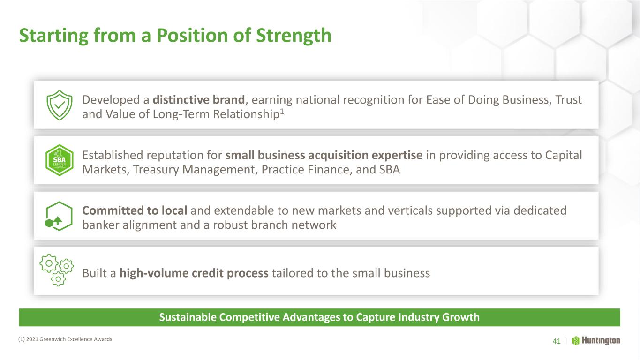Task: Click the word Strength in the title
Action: (294, 36)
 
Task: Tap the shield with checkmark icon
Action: (60, 105)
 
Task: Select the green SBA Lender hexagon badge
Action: (60, 160)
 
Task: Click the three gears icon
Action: (57, 270)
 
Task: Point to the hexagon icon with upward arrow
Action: (59, 216)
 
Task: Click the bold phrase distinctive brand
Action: (199, 100)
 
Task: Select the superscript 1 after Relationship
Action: (282, 111)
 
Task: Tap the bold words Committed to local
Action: (135, 210)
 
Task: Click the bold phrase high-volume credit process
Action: (194, 273)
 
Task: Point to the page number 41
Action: (557, 341)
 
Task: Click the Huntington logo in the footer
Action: (596, 341)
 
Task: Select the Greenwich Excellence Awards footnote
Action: (65, 339)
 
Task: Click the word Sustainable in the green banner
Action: (188, 317)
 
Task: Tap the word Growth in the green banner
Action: (460, 317)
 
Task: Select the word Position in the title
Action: (192, 36)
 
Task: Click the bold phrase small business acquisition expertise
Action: (324, 155)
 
